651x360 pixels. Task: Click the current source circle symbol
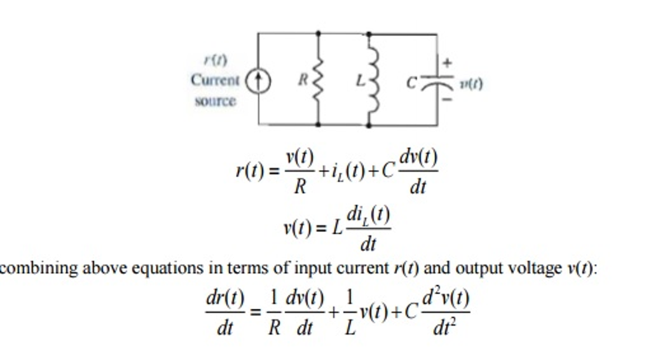click(258, 80)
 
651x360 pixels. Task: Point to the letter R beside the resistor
click(303, 80)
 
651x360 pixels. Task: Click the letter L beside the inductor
click(360, 81)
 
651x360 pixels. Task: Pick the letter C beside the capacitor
click(412, 82)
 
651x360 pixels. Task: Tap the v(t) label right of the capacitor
click(471, 83)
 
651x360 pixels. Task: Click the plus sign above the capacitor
click(448, 63)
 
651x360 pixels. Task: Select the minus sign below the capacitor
click(448, 99)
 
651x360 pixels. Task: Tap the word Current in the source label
click(215, 81)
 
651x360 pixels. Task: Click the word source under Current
click(215, 100)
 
